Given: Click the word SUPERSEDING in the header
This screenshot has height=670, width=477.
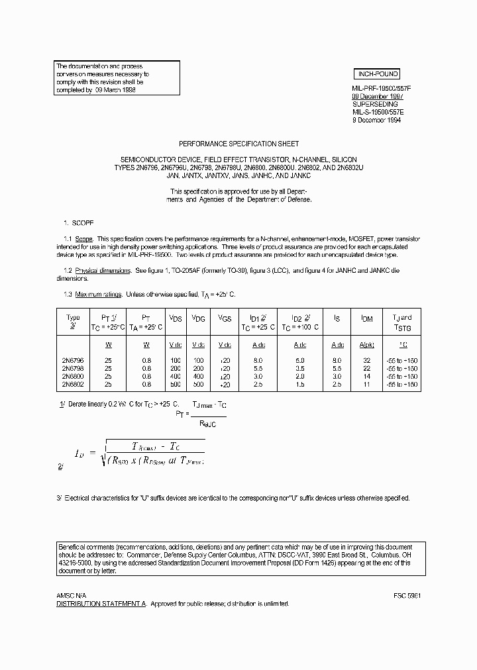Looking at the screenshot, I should [375, 104].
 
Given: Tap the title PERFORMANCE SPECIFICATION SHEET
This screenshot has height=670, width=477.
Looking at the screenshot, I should [239, 144].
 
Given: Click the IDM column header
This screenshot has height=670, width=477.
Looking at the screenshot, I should [366, 319].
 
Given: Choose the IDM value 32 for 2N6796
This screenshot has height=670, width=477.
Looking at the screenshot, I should [366, 360].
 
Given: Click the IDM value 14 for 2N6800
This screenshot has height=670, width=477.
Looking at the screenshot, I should [366, 376].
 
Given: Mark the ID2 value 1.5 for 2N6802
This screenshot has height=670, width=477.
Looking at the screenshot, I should [300, 384].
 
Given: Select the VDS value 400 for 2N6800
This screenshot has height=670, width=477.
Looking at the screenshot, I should [176, 376].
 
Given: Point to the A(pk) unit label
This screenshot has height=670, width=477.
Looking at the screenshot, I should [366, 344].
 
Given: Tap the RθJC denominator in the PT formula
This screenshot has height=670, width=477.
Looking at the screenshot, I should [208, 423].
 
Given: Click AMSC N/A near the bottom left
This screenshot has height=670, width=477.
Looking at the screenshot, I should [71, 595].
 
